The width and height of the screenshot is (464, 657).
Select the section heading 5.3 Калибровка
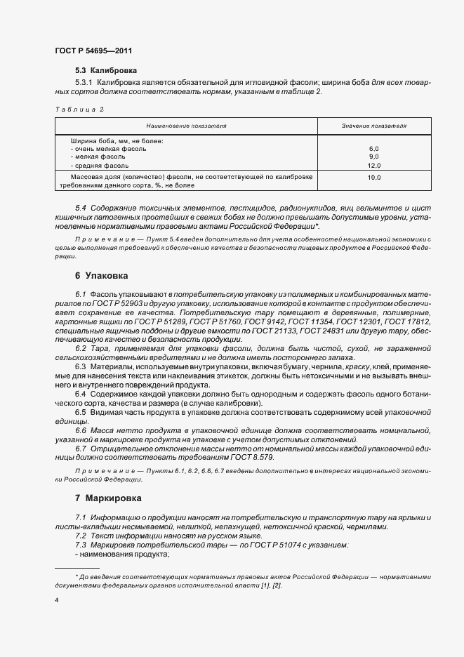(106, 71)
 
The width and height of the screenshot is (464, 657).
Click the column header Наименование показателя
(186, 125)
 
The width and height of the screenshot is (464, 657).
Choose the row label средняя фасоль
(102, 165)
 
